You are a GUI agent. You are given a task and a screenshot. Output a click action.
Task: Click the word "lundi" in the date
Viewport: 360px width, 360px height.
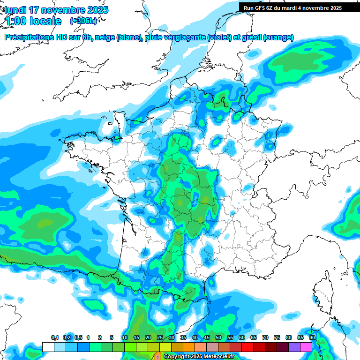[x=15, y=10]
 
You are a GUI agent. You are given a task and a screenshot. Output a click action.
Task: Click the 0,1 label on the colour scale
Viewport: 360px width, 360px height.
[x=55, y=338]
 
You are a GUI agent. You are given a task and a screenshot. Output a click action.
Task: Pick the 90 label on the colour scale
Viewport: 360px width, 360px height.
[x=312, y=338]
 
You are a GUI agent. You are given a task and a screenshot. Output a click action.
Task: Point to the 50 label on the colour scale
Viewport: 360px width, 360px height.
[x=218, y=338]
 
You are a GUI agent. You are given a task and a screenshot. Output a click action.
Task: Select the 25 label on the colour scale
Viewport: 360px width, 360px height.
[x=160, y=338]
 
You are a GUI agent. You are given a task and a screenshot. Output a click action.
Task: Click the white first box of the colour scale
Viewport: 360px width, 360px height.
[x=48, y=347]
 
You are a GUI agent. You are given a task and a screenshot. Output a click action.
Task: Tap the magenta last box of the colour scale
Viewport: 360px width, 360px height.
[x=306, y=347]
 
